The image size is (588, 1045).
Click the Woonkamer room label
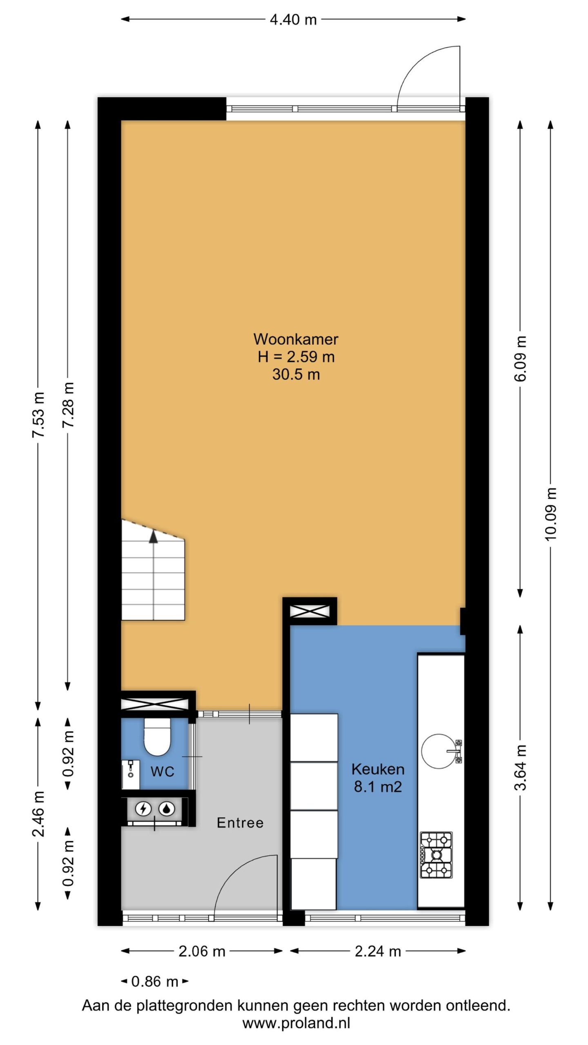tap(296, 339)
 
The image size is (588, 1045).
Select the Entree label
tap(240, 823)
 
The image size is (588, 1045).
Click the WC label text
tap(162, 772)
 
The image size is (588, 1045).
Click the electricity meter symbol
tap(143, 809)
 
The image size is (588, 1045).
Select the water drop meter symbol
tap(167, 809)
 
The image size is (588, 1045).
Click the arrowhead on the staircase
tap(153, 537)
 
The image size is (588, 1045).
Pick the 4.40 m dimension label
tap(293, 20)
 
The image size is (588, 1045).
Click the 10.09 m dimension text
tap(550, 514)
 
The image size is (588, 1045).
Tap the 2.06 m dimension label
tap(202, 952)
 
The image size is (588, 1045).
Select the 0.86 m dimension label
tap(155, 981)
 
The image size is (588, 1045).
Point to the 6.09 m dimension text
tap(520, 358)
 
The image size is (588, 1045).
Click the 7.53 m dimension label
tap(38, 415)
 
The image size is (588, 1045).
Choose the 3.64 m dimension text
tap(520, 768)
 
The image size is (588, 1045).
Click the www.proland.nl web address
tap(296, 1023)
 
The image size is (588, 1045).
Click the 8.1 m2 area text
tap(378, 787)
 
